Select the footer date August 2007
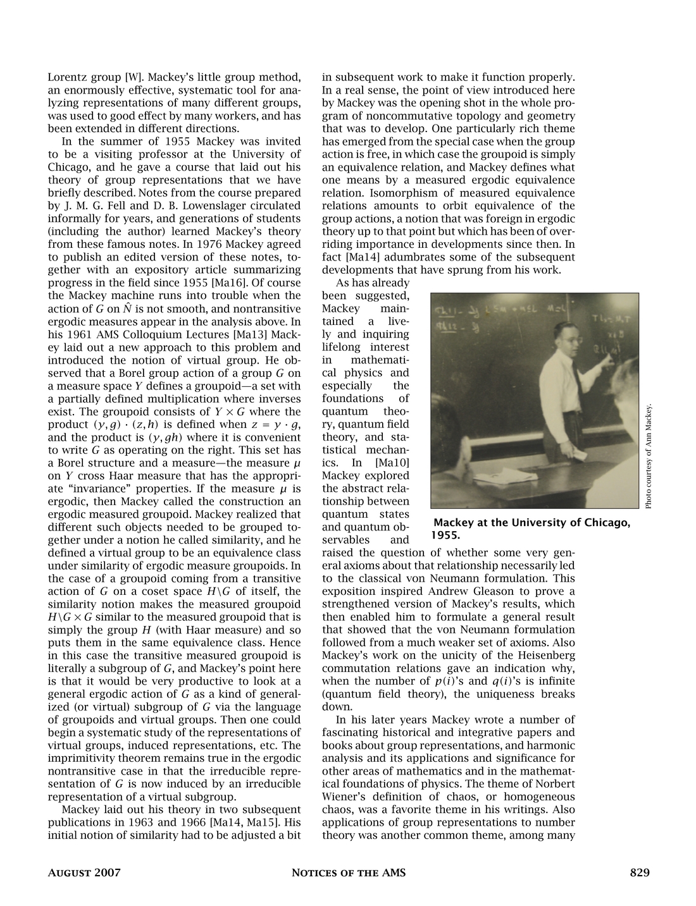click(84, 873)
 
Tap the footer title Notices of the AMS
click(348, 873)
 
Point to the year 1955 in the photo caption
click(443, 535)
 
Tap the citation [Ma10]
click(393, 463)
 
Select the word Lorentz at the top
click(66, 78)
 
